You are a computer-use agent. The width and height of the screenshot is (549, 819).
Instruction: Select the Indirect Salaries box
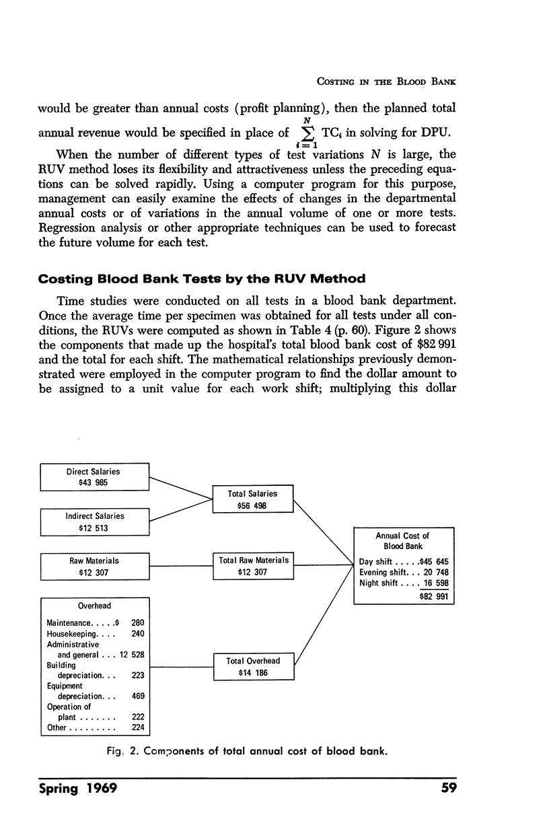[95, 522]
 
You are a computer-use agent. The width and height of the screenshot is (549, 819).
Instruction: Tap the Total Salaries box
[253, 499]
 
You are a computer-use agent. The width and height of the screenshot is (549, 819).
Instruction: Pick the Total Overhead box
[253, 666]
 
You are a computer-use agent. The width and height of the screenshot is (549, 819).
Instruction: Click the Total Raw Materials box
[253, 565]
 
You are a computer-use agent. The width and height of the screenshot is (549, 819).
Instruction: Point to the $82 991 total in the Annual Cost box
[434, 596]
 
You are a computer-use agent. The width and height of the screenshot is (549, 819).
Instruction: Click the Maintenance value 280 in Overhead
[138, 623]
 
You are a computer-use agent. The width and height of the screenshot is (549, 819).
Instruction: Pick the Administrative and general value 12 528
[133, 654]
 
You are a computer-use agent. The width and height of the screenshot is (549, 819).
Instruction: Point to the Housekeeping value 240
[138, 633]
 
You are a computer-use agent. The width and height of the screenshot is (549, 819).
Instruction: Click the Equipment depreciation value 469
[138, 696]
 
